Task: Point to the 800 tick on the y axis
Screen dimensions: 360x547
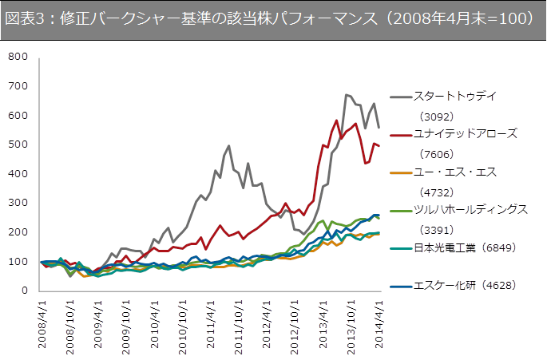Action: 17,57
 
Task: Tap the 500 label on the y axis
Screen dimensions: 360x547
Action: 17,144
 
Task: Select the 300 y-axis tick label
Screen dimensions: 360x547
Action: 17,203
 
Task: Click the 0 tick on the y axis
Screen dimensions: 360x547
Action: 25,291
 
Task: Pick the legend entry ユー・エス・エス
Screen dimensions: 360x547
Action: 454,172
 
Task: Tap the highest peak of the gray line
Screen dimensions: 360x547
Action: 347,94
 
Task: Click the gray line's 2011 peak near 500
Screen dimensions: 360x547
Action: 228,146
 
